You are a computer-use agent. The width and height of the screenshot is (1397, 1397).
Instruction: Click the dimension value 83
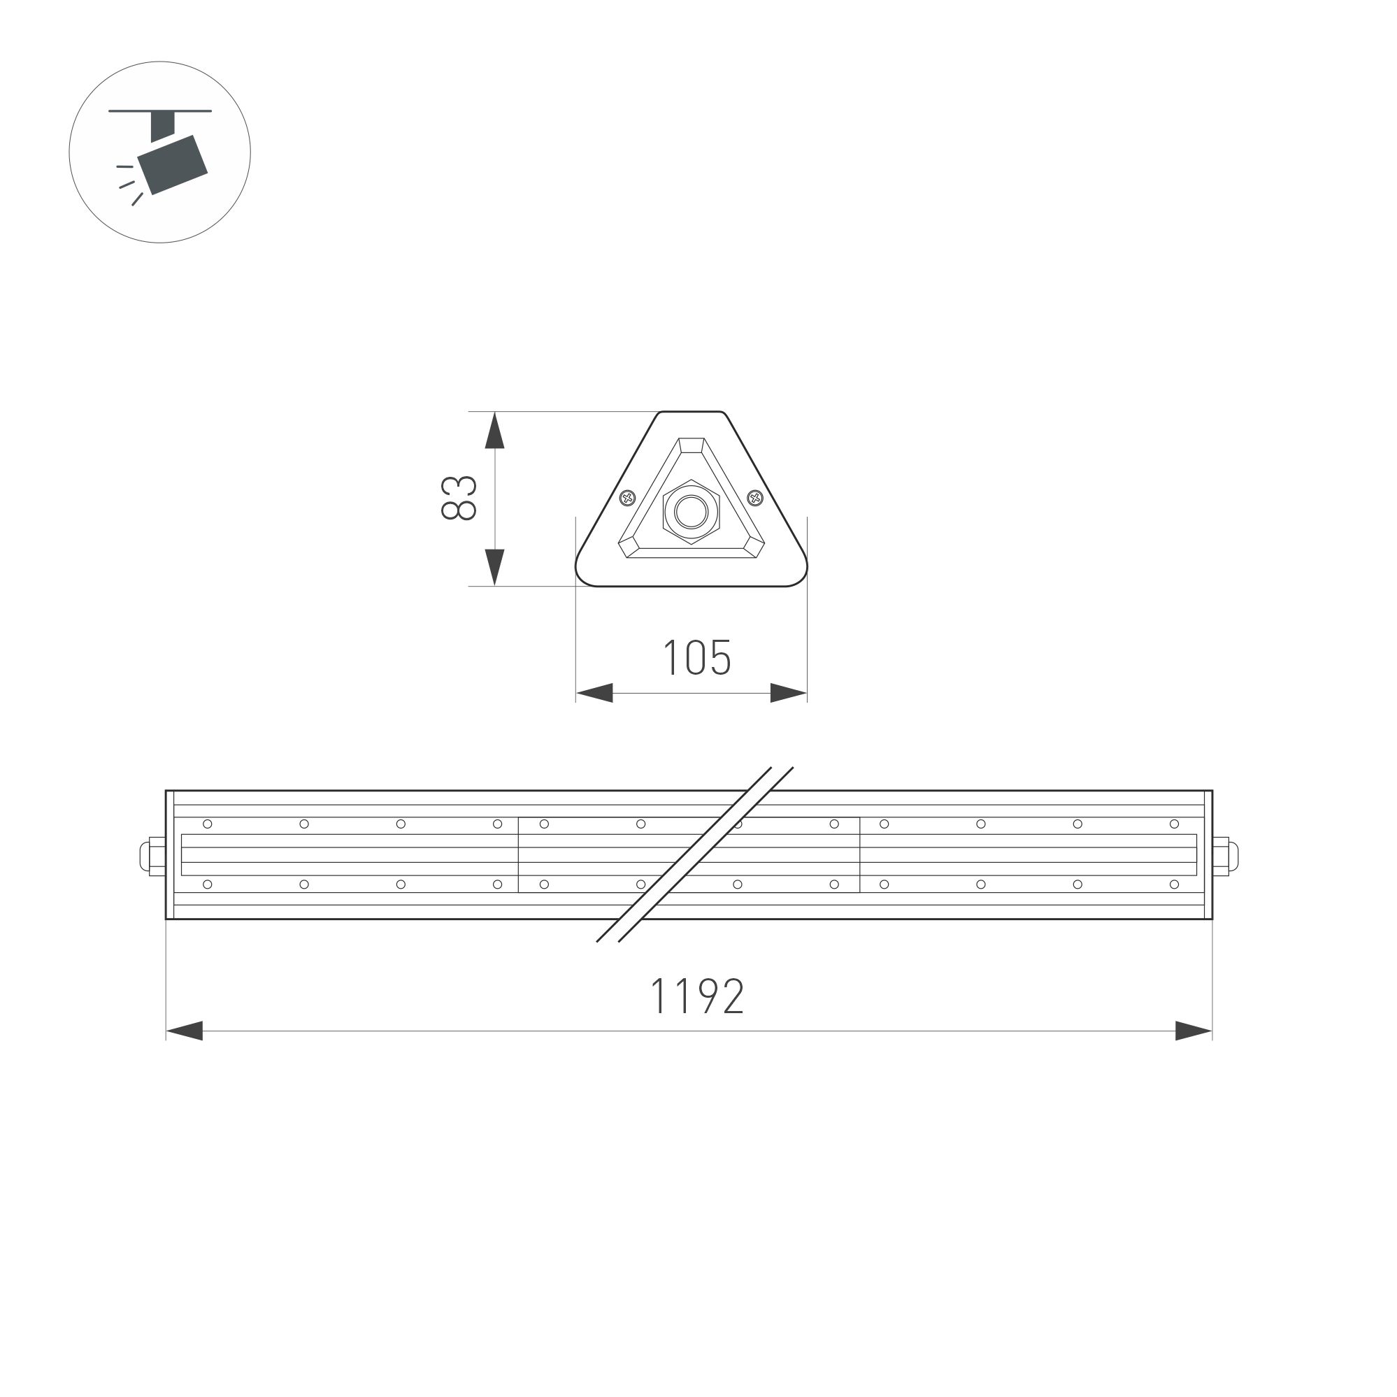[x=459, y=499]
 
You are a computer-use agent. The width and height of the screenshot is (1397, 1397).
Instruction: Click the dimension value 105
[x=697, y=658]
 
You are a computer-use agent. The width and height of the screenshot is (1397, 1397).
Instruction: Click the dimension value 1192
[x=697, y=996]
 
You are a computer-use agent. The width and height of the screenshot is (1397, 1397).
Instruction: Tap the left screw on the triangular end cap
[x=628, y=498]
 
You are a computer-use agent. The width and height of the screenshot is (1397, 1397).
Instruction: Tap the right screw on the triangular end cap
[x=756, y=498]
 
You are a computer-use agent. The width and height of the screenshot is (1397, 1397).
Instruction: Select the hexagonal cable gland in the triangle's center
[x=692, y=512]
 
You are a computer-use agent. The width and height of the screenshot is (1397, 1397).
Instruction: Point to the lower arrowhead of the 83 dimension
[x=494, y=567]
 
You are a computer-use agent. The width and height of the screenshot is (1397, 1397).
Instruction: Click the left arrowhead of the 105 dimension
[x=594, y=693]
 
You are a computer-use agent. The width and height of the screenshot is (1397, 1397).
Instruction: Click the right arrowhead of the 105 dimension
[x=788, y=693]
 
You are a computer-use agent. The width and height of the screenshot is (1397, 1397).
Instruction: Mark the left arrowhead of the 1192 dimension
[x=185, y=1031]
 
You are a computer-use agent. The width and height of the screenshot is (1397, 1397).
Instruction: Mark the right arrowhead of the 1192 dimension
[x=1194, y=1031]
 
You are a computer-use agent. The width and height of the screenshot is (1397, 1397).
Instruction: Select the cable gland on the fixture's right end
[x=1226, y=856]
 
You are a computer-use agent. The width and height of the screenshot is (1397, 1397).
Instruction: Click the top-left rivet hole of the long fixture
[x=208, y=824]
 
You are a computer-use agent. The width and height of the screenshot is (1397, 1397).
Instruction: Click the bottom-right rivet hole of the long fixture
[x=1174, y=884]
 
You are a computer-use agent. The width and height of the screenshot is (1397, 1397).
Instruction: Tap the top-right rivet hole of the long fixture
[x=1174, y=824]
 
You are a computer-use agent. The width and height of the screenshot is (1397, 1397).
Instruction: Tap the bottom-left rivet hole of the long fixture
[x=208, y=884]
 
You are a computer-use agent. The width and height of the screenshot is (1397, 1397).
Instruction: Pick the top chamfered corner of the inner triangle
[x=692, y=445]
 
